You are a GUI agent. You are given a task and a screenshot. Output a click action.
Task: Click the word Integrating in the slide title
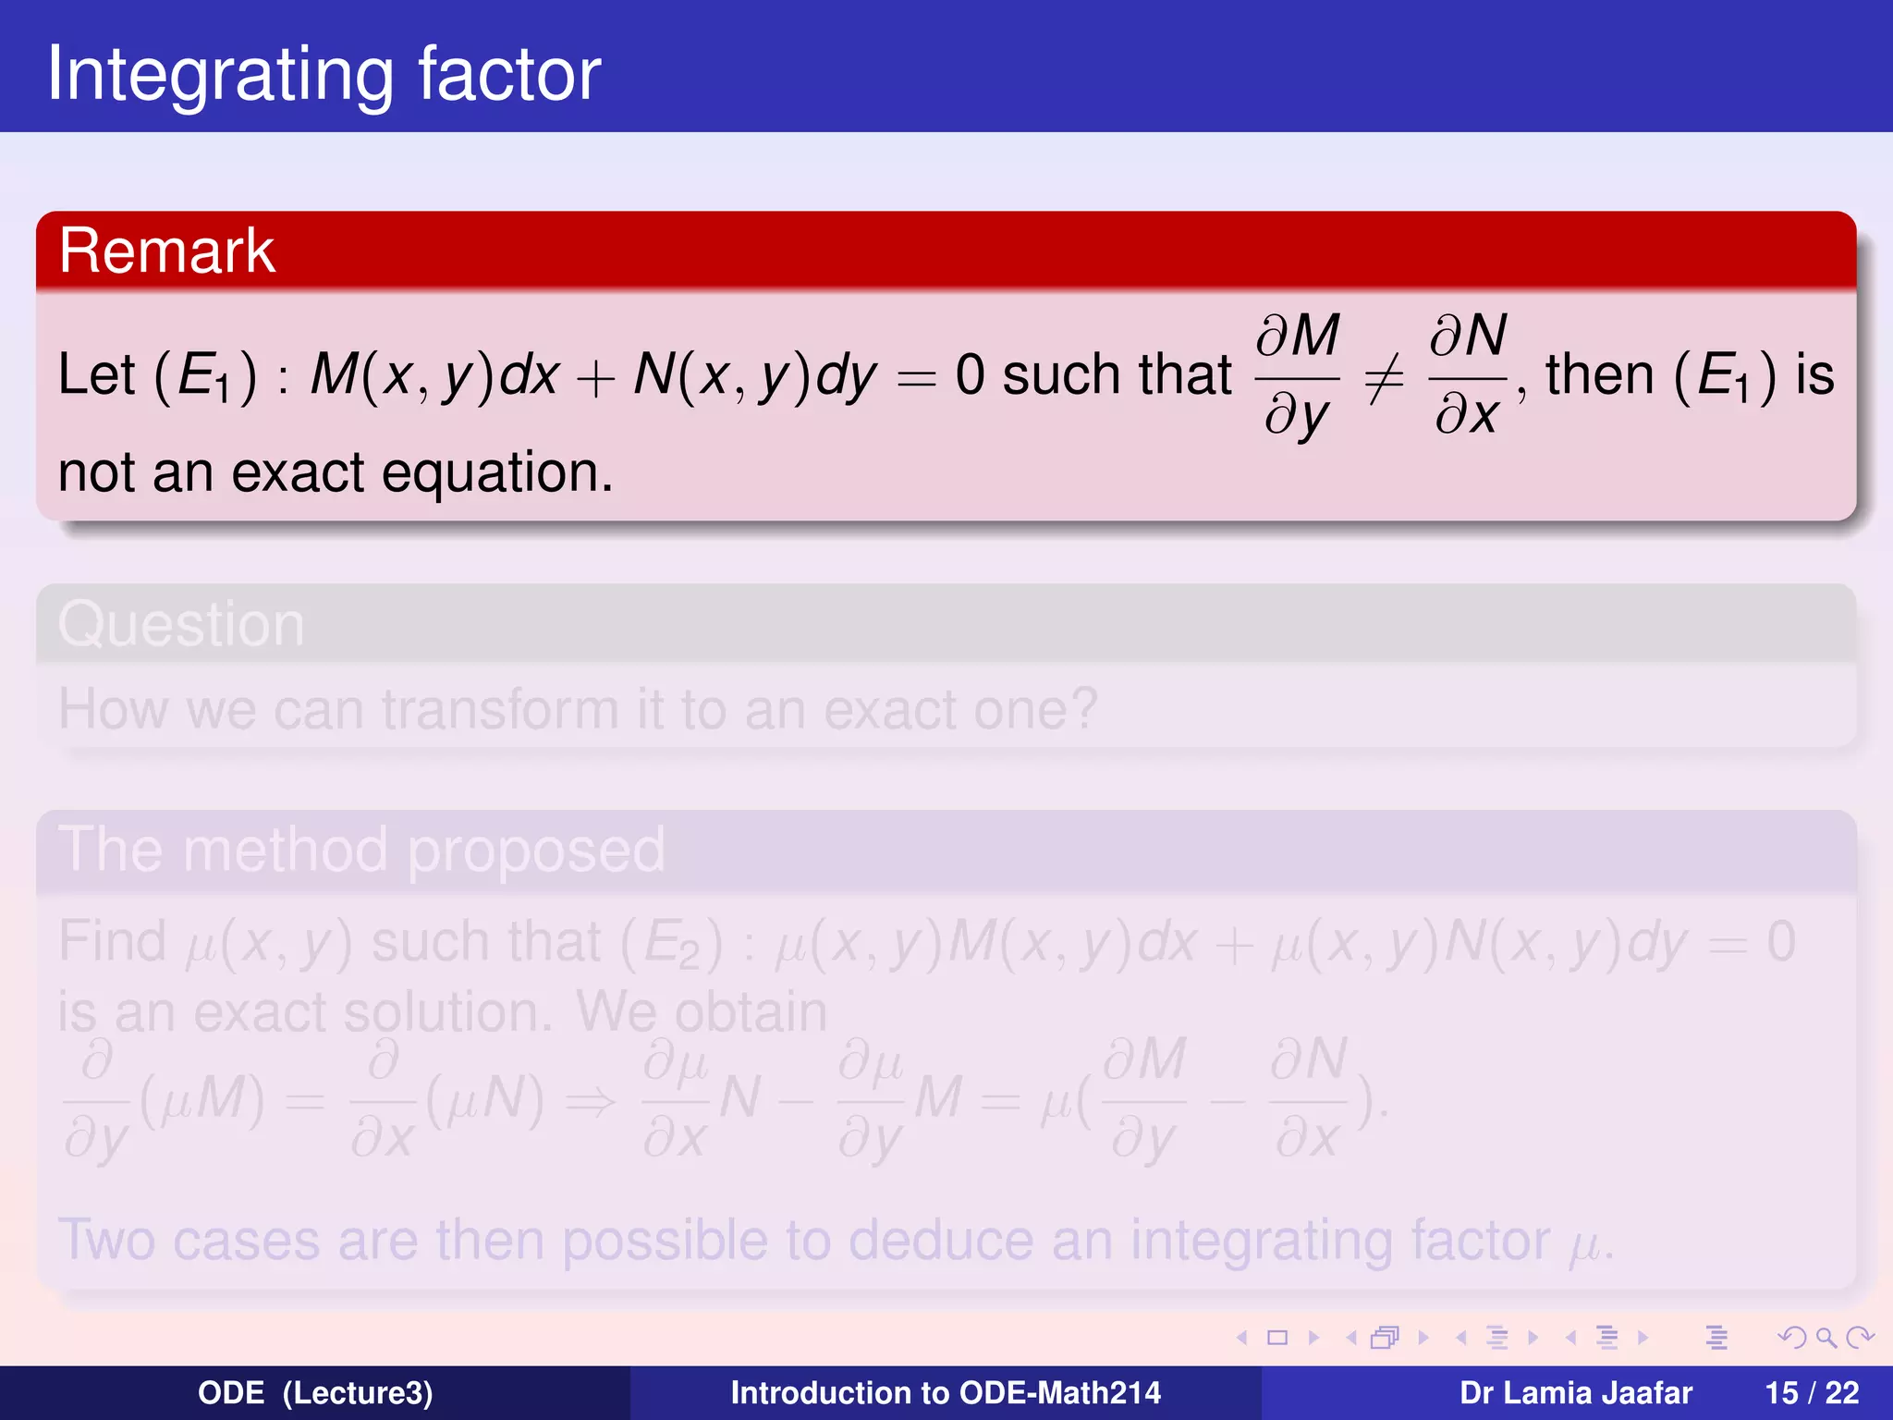(x=221, y=75)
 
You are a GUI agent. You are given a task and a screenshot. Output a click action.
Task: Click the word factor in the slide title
(x=509, y=73)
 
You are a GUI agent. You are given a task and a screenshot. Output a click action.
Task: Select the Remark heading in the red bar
(x=166, y=251)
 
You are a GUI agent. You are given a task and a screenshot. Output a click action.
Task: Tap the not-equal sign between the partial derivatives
(x=1384, y=377)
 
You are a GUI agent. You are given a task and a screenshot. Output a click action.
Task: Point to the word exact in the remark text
(x=298, y=472)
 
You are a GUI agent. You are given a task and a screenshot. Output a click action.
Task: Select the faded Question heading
(x=181, y=624)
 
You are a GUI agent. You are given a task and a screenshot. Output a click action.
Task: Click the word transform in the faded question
(x=500, y=710)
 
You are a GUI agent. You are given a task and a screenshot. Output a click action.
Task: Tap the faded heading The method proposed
(x=361, y=850)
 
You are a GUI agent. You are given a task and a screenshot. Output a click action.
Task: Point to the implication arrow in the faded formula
(x=591, y=1100)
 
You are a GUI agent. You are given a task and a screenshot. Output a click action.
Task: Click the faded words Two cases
(x=189, y=1240)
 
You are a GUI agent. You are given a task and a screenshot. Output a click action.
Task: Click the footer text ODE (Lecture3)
(x=315, y=1393)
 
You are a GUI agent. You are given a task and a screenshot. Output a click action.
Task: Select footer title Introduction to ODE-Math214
(x=946, y=1393)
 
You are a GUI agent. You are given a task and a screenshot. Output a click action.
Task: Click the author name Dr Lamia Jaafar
(x=1576, y=1393)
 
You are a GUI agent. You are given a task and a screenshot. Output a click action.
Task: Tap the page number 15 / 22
(x=1812, y=1393)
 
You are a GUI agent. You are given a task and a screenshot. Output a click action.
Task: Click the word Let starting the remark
(x=96, y=375)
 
